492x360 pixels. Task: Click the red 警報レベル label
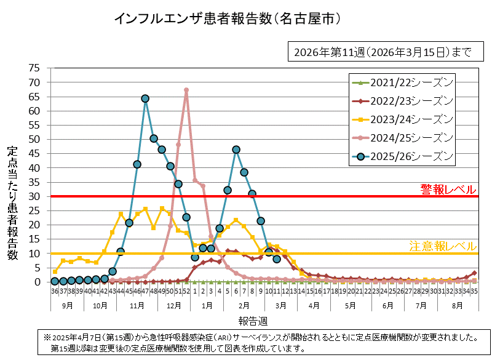tap(448, 188)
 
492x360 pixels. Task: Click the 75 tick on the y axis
tap(34, 68)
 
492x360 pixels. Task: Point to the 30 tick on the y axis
tap(34, 196)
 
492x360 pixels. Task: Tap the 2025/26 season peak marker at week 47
tap(145, 98)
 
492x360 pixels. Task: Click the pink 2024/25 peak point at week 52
tap(186, 90)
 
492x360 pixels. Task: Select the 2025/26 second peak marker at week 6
tap(236, 150)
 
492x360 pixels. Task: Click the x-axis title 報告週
tap(253, 321)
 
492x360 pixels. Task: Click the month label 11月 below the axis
tap(137, 305)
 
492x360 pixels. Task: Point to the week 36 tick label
tap(55, 291)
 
